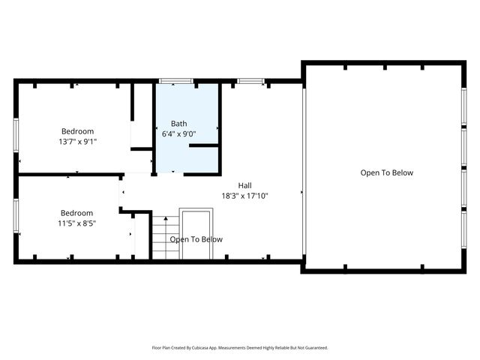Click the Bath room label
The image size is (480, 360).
[178, 124]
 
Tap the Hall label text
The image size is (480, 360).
[244, 185]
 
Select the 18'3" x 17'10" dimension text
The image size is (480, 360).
[244, 196]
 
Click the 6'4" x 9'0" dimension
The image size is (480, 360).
[178, 134]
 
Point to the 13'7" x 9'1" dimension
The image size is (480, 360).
[77, 141]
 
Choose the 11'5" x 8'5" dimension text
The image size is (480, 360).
[77, 223]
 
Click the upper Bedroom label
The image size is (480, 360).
[77, 130]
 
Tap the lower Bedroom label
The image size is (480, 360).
[77, 212]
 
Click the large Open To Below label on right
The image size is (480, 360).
[386, 172]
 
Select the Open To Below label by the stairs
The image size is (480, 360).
[196, 239]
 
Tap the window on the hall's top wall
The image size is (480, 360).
[250, 81]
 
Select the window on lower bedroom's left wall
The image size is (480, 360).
[16, 217]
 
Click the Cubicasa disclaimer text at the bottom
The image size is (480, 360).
[240, 348]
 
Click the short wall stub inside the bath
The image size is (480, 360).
[203, 146]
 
